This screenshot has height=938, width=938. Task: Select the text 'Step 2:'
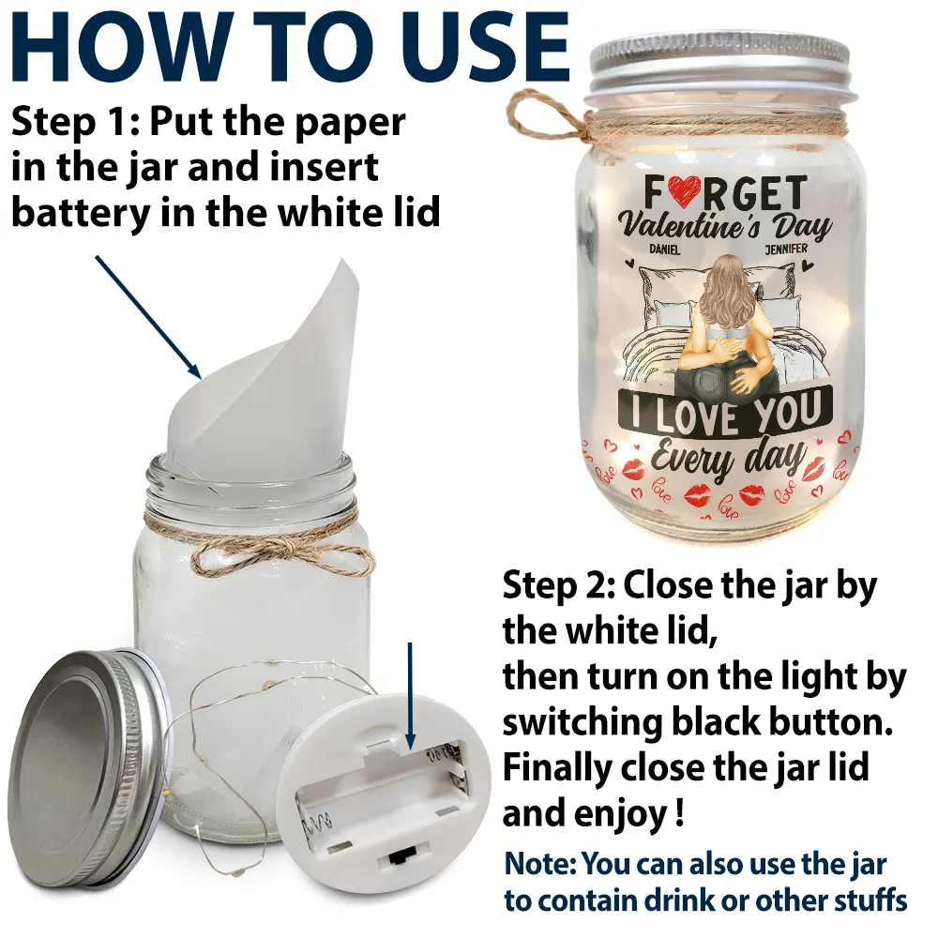[559, 585]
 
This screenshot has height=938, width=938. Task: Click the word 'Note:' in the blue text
[539, 864]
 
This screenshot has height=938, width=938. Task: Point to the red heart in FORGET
[685, 190]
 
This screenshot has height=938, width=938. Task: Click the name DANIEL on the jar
[665, 250]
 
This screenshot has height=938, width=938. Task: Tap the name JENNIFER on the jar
[786, 249]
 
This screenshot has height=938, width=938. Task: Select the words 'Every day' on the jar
[728, 459]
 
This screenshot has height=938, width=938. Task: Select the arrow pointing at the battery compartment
[410, 696]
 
